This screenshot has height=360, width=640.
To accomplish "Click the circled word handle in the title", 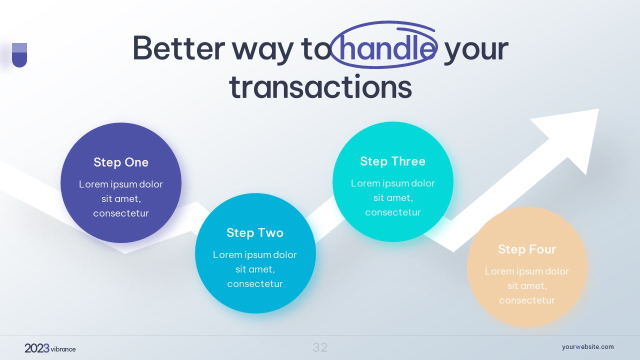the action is pyautogui.click(x=385, y=48).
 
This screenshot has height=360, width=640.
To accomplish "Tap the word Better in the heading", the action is pyautogui.click(x=178, y=48).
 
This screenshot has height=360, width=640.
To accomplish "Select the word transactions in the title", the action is pyautogui.click(x=320, y=86).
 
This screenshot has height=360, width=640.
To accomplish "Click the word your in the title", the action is pyautogui.click(x=476, y=51).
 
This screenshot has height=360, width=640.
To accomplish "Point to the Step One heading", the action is pyautogui.click(x=121, y=162).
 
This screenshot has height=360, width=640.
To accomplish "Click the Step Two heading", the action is pyautogui.click(x=255, y=232).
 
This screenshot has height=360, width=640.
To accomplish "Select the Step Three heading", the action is pyautogui.click(x=393, y=161).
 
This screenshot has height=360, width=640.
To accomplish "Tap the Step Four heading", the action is pyautogui.click(x=527, y=249).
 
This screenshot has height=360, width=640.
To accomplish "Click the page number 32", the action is pyautogui.click(x=320, y=347).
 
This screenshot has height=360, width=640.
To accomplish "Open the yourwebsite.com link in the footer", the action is pyautogui.click(x=587, y=347).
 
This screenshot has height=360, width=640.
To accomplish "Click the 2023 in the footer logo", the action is pyautogui.click(x=37, y=348).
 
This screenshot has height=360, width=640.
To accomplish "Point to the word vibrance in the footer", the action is pyautogui.click(x=63, y=349).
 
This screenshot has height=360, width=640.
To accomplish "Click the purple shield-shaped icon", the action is pyautogui.click(x=19, y=55).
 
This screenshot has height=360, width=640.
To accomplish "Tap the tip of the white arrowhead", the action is pyautogui.click(x=598, y=109).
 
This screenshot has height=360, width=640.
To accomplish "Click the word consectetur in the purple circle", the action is pyautogui.click(x=121, y=213).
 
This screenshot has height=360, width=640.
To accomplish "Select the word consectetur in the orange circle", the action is pyautogui.click(x=527, y=300).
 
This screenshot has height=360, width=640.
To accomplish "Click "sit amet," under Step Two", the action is pyautogui.click(x=255, y=269).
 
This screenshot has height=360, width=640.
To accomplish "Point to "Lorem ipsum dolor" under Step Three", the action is pyautogui.click(x=393, y=183).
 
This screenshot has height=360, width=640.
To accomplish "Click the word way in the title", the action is pyautogui.click(x=262, y=51).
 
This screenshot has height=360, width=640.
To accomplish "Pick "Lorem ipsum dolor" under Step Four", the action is pyautogui.click(x=527, y=271).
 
